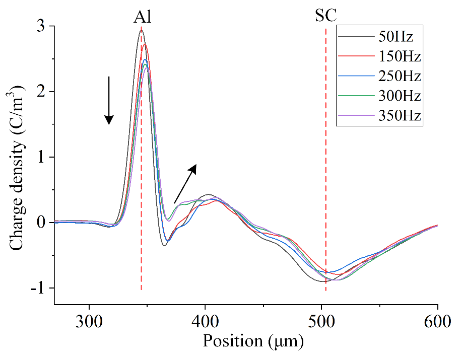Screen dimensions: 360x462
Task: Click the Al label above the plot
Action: point(143,17)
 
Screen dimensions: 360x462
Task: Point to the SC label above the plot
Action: point(326,16)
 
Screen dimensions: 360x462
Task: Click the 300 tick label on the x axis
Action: point(89,321)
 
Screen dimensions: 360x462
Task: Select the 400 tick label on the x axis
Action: point(205,321)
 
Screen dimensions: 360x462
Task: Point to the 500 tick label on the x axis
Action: point(321,321)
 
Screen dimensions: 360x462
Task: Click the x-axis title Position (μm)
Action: point(253,341)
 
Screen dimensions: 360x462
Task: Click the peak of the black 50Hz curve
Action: point(141,31)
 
